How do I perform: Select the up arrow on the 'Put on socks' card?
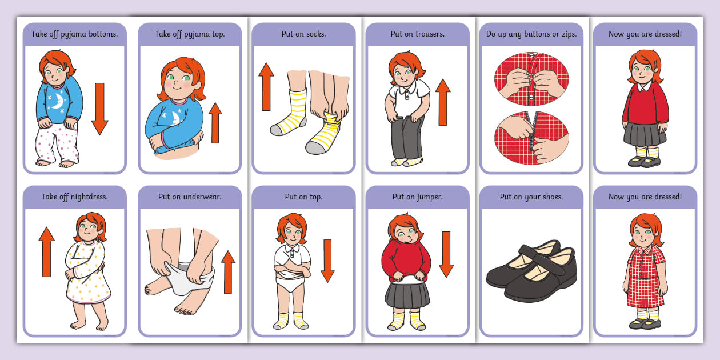[266, 87]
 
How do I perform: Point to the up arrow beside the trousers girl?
[443, 102]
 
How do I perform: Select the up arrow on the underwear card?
[228, 272]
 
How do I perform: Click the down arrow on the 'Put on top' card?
[327, 261]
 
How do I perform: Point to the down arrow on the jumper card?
[446, 255]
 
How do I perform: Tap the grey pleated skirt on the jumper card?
[407, 295]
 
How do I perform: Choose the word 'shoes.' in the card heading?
[553, 197]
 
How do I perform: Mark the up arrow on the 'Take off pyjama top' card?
[215, 123]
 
